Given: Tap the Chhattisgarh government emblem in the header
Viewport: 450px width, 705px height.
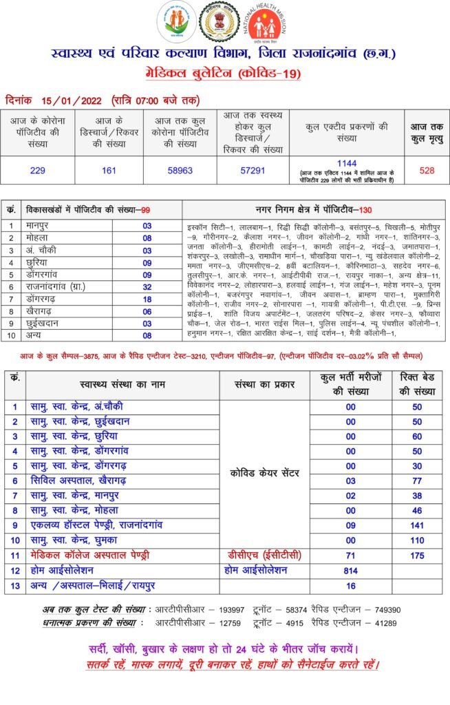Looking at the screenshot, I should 219,23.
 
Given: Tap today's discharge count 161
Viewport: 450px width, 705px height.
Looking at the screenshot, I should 109,171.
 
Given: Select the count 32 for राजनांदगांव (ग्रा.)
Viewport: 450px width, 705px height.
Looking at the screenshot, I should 147,286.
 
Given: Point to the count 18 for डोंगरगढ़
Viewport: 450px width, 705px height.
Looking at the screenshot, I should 147,299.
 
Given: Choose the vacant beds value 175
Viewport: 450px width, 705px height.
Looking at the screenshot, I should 417,554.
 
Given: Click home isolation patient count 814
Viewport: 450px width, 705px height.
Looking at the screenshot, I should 351,570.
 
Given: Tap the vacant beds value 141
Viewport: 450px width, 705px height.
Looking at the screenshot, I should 417,525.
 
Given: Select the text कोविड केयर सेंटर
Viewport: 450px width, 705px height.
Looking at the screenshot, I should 265,472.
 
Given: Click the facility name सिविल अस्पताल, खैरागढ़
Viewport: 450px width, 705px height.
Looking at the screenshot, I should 81,481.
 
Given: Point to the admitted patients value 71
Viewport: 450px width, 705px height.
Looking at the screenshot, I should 351,554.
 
